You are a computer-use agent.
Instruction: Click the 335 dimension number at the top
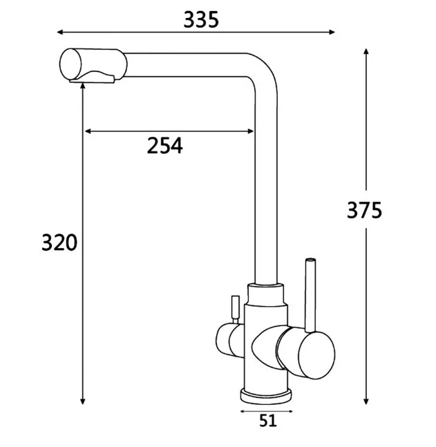(x=201, y=20)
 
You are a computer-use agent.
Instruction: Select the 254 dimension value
(x=165, y=146)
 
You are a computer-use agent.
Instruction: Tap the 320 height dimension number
(x=59, y=243)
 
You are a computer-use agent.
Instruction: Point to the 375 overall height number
(x=364, y=211)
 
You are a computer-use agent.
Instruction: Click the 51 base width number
(x=268, y=421)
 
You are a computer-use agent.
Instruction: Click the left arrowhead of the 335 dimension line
(x=60, y=32)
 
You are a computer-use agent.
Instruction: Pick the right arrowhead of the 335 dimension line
(x=332, y=32)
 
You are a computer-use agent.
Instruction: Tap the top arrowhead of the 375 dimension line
(x=366, y=52)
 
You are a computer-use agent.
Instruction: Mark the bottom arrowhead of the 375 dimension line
(x=366, y=401)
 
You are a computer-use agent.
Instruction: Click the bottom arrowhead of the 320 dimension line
(x=82, y=401)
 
